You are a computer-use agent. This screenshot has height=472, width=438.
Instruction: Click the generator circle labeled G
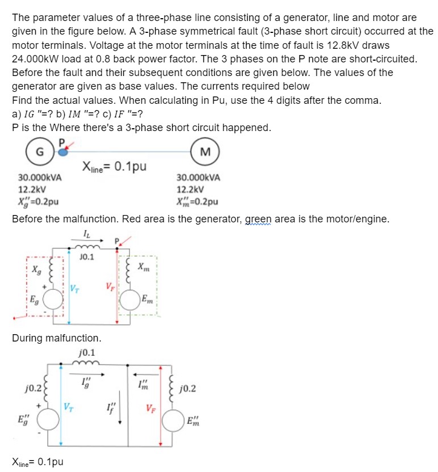(38, 152)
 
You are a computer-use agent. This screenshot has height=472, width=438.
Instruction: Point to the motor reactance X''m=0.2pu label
(197, 201)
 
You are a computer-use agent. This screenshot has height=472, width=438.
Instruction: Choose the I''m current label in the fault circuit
(143, 384)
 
